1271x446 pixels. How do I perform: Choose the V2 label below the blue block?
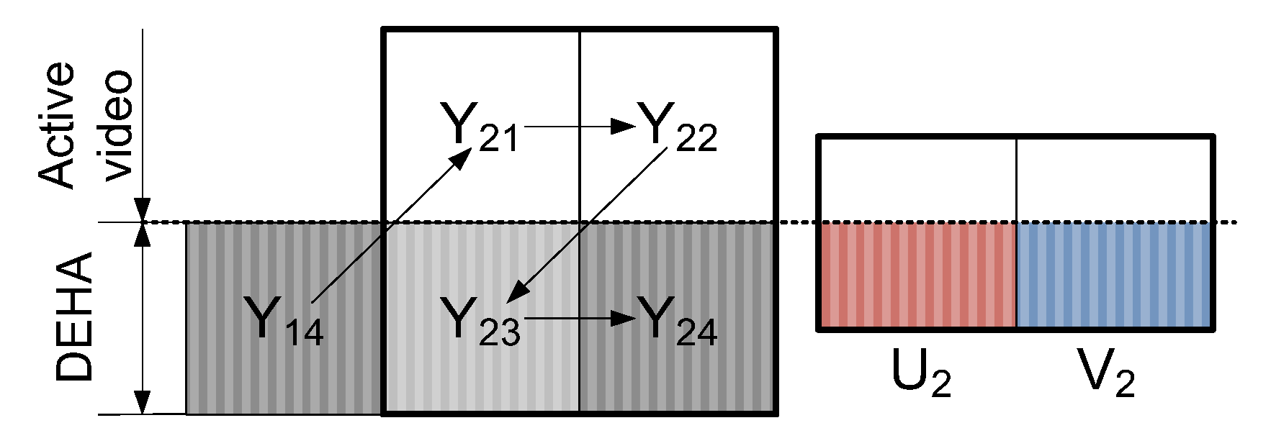click(1105, 374)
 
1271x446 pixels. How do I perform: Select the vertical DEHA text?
click(76, 317)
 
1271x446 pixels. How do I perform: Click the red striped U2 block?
click(917, 276)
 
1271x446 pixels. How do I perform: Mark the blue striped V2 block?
click(1114, 276)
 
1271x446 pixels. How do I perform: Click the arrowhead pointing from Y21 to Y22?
click(622, 127)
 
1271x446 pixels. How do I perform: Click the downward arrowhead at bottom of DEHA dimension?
click(143, 403)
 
